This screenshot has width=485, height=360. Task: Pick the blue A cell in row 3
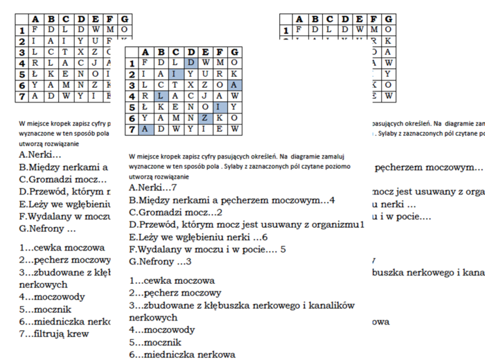pyautogui.click(x=236, y=85)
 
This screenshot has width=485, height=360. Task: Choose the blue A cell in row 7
pyautogui.click(x=145, y=129)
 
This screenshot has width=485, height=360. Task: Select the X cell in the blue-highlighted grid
pyautogui.click(x=191, y=85)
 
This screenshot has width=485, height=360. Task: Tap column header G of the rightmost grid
pyautogui.click(x=390, y=19)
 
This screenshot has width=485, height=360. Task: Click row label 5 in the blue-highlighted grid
pyautogui.click(x=130, y=107)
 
